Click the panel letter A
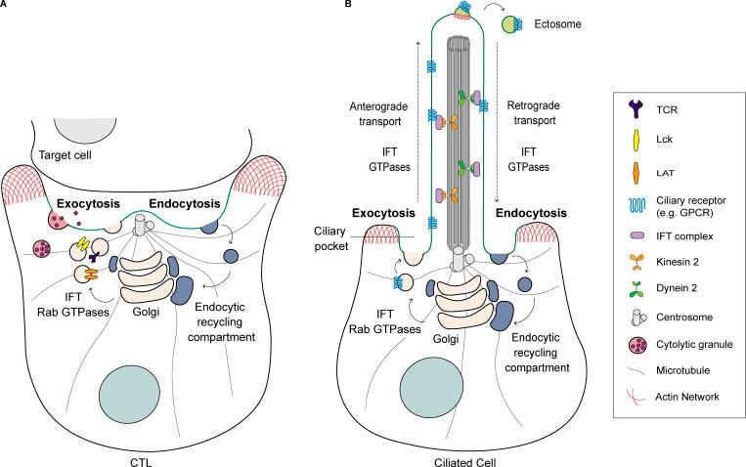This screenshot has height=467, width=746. [5, 6]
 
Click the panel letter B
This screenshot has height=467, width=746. [335, 6]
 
